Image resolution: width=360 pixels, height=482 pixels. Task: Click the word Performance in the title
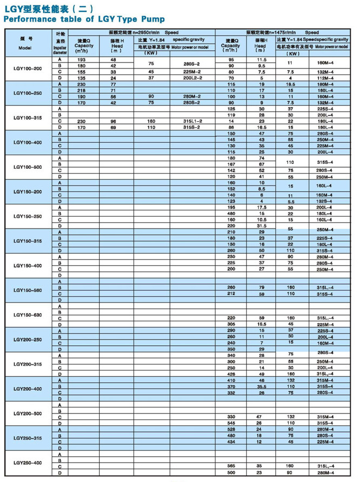(32, 19)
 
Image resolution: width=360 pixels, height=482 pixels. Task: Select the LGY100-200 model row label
(27, 68)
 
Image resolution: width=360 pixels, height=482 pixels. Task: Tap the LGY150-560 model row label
(27, 290)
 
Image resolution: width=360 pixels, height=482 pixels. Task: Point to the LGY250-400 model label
(27, 463)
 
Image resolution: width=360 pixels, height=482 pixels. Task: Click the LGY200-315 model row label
(27, 364)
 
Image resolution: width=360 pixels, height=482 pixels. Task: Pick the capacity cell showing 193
(82, 59)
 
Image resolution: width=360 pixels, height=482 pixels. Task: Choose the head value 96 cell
(114, 121)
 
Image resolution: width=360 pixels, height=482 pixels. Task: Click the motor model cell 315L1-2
(192, 121)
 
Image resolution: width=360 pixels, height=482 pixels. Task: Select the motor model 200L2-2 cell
(192, 78)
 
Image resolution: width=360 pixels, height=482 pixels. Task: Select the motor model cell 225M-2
(192, 72)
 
